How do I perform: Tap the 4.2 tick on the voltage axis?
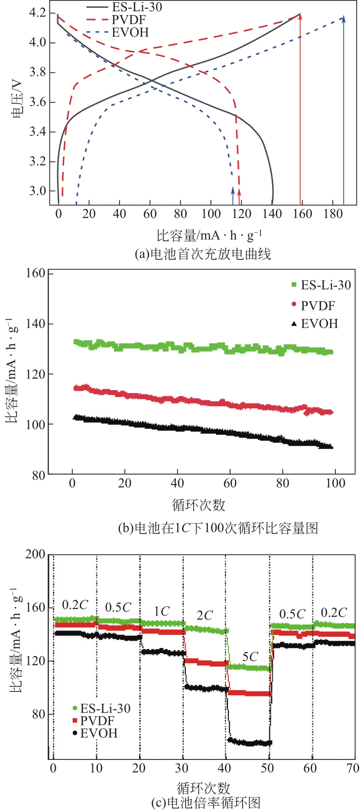click(x=37, y=13)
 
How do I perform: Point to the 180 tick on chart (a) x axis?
click(x=333, y=214)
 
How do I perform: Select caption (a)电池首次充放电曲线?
click(x=202, y=254)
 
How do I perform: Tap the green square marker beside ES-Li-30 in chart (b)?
click(x=294, y=285)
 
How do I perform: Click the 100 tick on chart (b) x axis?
click(x=335, y=483)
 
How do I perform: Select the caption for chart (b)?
click(x=218, y=528)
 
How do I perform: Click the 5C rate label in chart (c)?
click(x=250, y=657)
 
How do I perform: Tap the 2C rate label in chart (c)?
click(x=204, y=616)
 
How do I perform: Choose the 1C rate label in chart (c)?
click(x=162, y=612)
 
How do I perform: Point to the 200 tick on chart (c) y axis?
click(x=35, y=554)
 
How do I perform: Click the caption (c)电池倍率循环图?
click(x=206, y=803)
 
